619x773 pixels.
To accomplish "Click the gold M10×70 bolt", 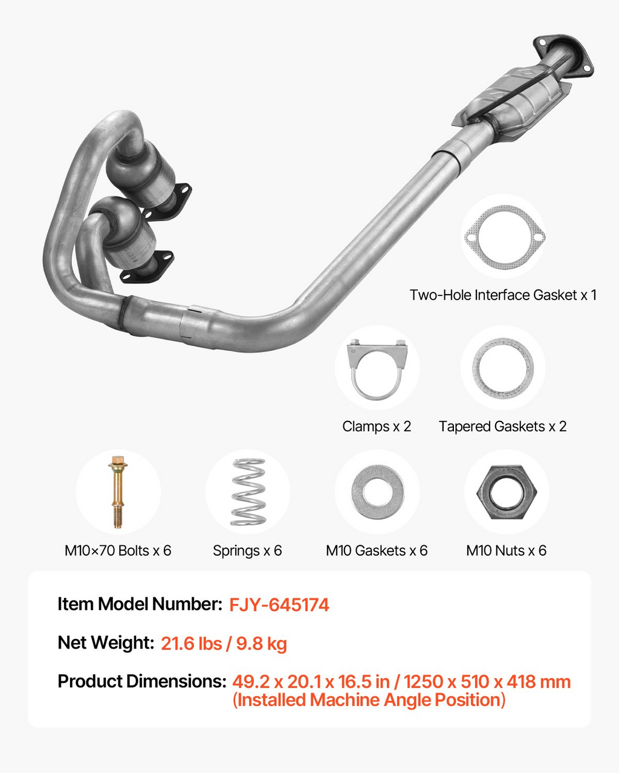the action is pos(118,492).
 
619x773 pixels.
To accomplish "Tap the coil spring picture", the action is pos(248,492).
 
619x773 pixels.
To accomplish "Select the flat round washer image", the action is pos(377,492).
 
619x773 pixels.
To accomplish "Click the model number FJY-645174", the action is pos(279,605).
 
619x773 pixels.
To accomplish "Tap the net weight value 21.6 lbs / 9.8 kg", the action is pos(224,643).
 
